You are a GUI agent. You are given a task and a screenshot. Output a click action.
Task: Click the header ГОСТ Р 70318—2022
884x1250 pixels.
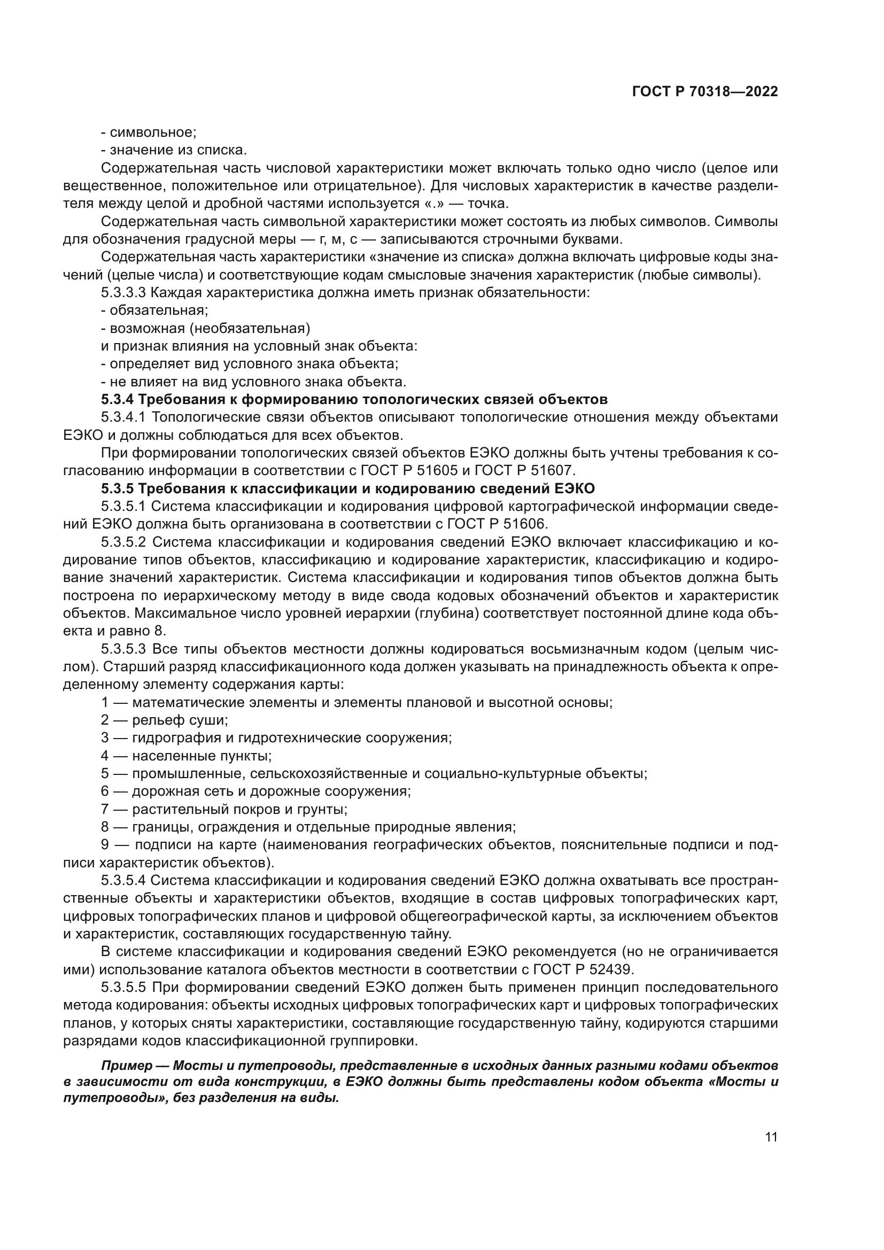pyautogui.click(x=704, y=91)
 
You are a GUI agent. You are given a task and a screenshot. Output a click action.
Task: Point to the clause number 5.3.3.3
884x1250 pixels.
pyautogui.click(x=123, y=293)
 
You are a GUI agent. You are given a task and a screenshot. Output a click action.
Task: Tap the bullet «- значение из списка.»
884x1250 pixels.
pyautogui.click(x=174, y=150)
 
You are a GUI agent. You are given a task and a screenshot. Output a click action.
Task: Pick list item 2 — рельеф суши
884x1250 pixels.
pyautogui.click(x=165, y=720)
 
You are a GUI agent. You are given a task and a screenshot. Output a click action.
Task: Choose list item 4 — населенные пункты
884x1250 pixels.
pyautogui.click(x=186, y=756)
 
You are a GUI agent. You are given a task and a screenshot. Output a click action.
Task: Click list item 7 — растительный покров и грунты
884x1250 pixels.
pyautogui.click(x=224, y=809)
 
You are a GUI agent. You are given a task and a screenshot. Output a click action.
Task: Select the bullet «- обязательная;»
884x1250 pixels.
pyautogui.click(x=154, y=310)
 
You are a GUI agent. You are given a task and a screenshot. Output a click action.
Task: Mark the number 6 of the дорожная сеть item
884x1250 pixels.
pyautogui.click(x=105, y=791)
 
